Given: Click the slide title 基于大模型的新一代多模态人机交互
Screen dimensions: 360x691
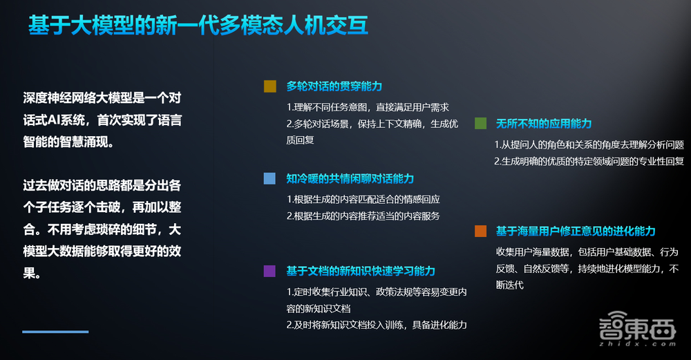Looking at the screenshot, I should tap(198, 26).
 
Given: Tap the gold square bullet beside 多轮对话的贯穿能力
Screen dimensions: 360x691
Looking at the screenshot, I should tap(269, 86).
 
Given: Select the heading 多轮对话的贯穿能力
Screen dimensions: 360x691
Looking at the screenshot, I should tap(334, 86).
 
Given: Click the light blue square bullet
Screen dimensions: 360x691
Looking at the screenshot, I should tap(269, 178).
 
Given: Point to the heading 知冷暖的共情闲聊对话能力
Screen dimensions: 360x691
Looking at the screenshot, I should tap(350, 178).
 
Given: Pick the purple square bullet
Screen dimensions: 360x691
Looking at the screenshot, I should tap(269, 271).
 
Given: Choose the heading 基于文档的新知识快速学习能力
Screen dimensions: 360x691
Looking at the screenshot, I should tap(361, 271).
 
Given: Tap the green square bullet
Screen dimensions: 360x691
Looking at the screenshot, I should tap(480, 124).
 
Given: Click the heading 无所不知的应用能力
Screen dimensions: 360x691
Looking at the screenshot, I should tap(544, 124).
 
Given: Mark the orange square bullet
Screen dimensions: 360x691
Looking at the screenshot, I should tap(480, 231).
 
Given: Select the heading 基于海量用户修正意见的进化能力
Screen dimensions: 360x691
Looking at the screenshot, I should tap(576, 231).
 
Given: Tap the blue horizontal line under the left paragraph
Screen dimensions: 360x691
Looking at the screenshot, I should tap(55, 332).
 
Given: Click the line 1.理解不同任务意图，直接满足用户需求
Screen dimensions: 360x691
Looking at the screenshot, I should tap(368, 107).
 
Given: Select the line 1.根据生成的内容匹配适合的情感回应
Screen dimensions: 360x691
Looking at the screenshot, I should tap(363, 199).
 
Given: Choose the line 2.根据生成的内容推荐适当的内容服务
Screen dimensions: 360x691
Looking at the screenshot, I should tap(363, 216).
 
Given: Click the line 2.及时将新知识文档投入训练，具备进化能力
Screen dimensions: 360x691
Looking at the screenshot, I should tap(377, 325).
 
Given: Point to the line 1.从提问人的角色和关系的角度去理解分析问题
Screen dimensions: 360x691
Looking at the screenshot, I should tap(589, 145).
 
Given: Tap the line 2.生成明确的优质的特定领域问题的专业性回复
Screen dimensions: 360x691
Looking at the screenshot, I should tap(589, 162).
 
